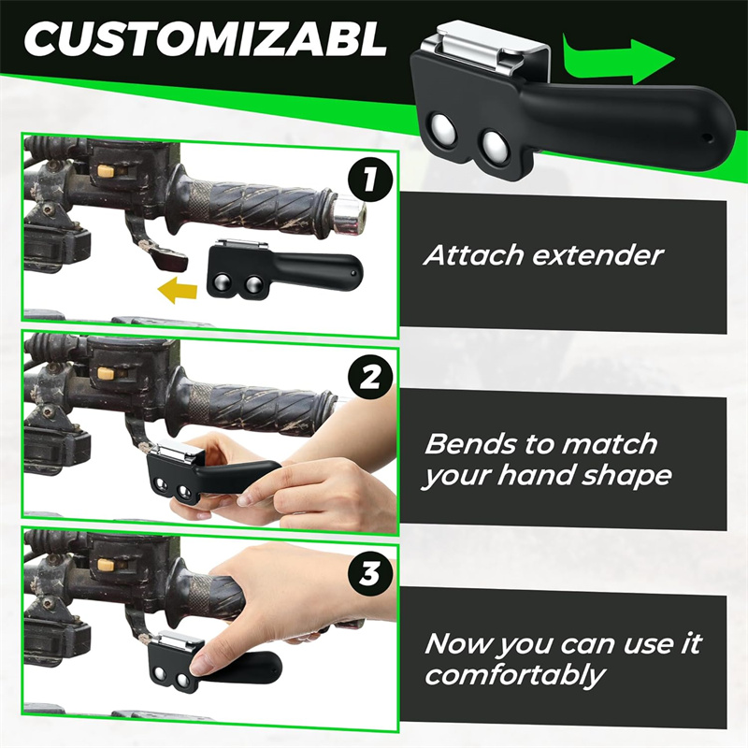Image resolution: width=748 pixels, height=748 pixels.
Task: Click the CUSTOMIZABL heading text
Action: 205,39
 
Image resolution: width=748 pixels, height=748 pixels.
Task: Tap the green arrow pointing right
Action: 619,60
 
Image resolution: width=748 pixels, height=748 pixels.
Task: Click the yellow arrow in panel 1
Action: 178,290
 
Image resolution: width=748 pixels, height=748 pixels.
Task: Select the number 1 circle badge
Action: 370,181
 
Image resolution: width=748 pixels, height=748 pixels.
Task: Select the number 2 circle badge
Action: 370,378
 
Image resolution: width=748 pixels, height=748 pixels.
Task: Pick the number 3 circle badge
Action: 370,573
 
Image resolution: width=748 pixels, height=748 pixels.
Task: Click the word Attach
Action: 474,255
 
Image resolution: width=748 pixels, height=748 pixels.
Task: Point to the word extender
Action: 598,256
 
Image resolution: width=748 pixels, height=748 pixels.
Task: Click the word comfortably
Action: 514,676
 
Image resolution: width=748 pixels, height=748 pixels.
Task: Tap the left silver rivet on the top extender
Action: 442,129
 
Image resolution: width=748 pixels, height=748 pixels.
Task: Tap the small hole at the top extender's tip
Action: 709,138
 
